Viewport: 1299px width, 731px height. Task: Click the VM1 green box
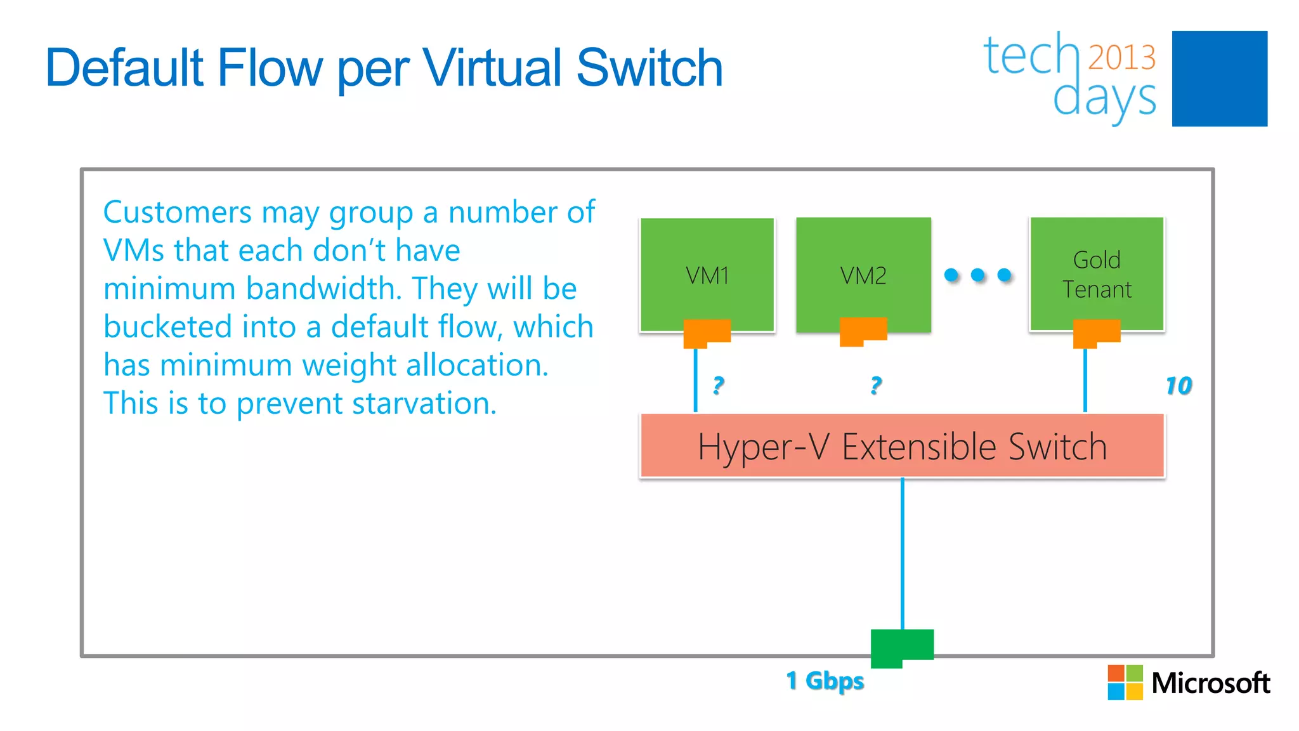coord(707,274)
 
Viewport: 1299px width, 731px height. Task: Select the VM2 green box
coord(863,274)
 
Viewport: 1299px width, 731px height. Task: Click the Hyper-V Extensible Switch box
coord(902,445)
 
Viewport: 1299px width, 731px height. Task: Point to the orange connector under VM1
coord(706,332)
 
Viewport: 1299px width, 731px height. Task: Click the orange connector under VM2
coord(863,331)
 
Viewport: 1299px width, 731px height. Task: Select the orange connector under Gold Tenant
coord(1096,332)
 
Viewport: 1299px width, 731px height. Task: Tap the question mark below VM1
coord(718,385)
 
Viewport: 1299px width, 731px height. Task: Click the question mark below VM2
coord(876,385)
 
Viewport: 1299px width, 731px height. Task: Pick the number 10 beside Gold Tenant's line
coord(1178,385)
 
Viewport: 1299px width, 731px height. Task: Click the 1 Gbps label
coord(825,681)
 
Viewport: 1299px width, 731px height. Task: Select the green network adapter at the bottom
coord(901,646)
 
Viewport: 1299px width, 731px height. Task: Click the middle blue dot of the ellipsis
coord(978,275)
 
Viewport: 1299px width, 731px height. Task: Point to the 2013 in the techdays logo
coord(1121,57)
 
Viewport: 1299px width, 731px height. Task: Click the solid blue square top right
coord(1219,79)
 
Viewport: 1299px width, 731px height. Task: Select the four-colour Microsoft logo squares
coord(1125,682)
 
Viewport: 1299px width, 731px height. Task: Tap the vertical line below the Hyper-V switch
coord(902,552)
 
